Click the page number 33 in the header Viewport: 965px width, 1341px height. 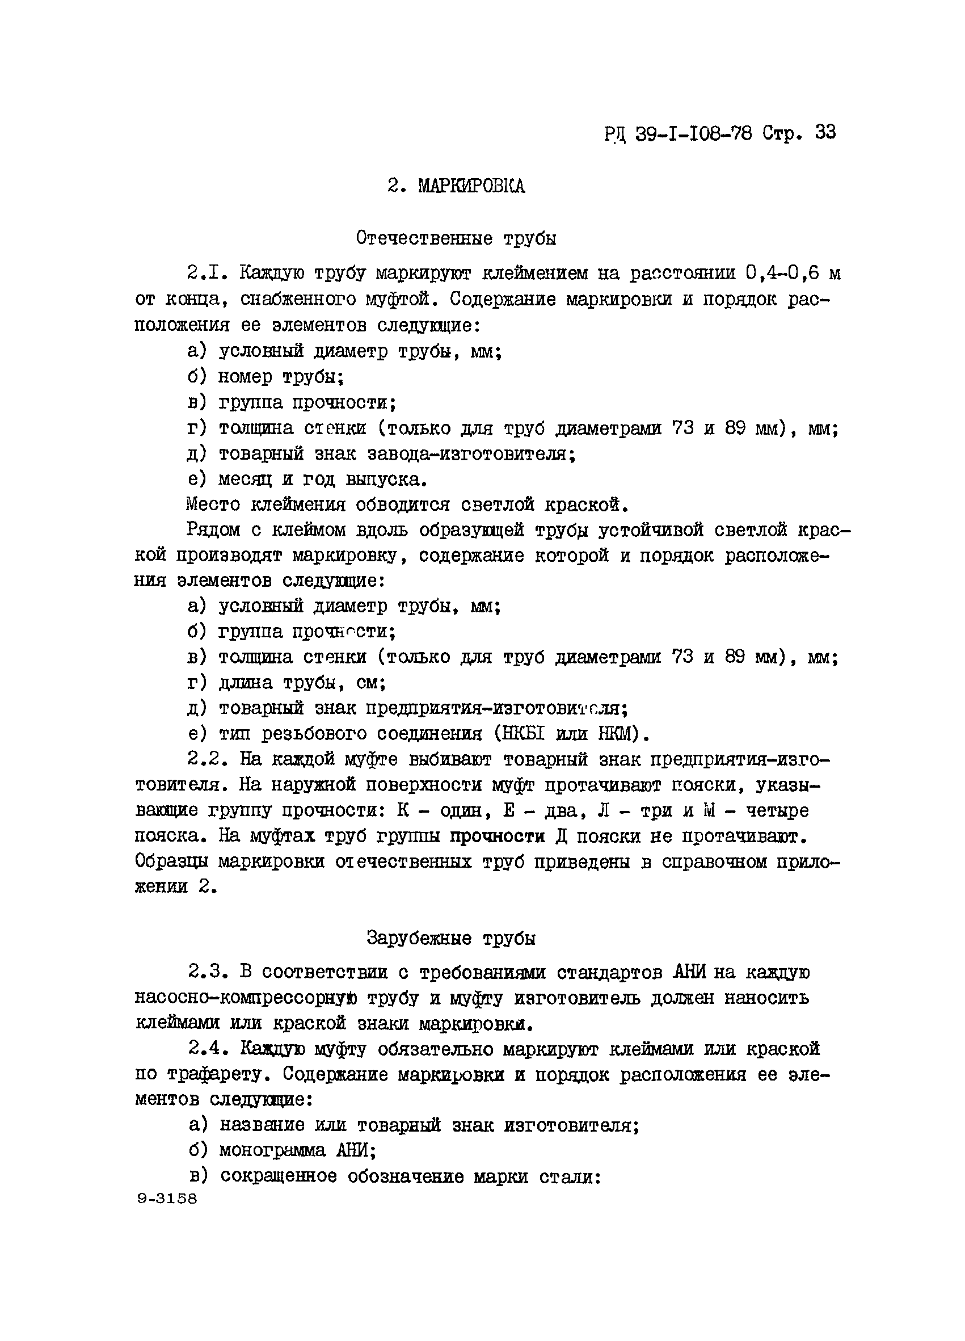click(x=825, y=132)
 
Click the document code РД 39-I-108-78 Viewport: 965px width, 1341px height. click(x=678, y=133)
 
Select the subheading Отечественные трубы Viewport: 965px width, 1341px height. click(x=456, y=238)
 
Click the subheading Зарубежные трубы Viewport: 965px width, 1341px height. click(x=451, y=938)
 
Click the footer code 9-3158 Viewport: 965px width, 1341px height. click(x=167, y=1199)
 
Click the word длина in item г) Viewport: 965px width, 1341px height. click(x=245, y=683)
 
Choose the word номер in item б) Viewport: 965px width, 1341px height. click(x=245, y=377)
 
